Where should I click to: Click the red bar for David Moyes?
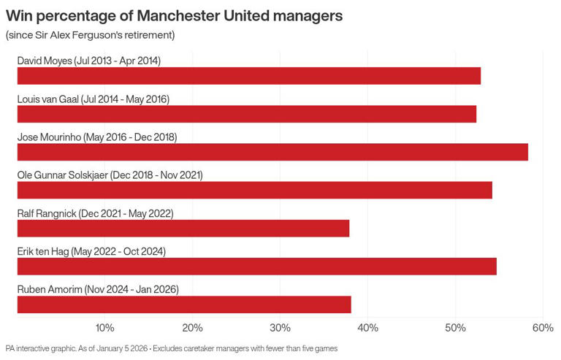point(248,76)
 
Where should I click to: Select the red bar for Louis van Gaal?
point(246,114)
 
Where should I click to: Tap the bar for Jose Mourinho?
point(272,152)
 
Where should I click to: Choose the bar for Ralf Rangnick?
point(183,229)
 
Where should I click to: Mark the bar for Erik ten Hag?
point(256,267)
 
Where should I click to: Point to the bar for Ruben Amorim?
point(183,305)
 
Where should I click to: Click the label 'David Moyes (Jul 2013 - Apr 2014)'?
point(88,61)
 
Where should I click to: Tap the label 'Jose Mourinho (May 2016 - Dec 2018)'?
point(96,137)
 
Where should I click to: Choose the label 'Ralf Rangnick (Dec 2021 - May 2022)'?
point(95,213)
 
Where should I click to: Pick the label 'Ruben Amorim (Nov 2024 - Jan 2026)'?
point(97,289)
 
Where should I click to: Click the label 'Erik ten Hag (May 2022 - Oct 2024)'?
point(91,251)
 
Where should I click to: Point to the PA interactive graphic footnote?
point(171,348)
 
